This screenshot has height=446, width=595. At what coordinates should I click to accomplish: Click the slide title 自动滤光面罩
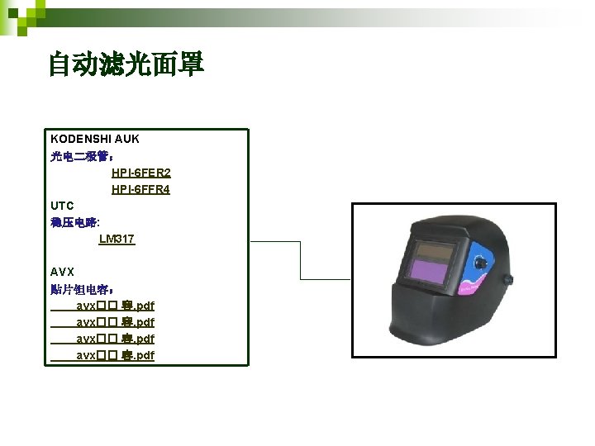pyautogui.click(x=126, y=64)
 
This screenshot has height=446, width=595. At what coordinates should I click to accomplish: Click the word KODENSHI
pyautogui.click(x=80, y=139)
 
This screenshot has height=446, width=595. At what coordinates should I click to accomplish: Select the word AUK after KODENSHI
pyautogui.click(x=127, y=139)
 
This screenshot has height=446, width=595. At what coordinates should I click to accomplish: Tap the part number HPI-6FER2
pyautogui.click(x=140, y=173)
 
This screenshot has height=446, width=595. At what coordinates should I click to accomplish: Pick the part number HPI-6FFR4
pyautogui.click(x=140, y=189)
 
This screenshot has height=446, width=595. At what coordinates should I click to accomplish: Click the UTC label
pyautogui.click(x=62, y=206)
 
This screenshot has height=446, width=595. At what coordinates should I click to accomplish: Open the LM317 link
pyautogui.click(x=117, y=239)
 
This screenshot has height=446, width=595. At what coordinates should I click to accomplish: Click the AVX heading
pyautogui.click(x=62, y=272)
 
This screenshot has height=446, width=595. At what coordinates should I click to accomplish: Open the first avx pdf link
pyautogui.click(x=115, y=306)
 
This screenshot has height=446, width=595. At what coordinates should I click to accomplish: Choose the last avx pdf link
pyautogui.click(x=115, y=355)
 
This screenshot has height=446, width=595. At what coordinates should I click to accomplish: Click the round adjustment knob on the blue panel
pyautogui.click(x=481, y=264)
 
